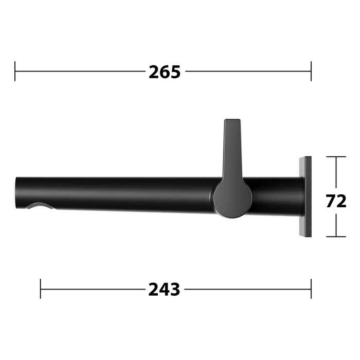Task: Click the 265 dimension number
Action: pyautogui.click(x=165, y=71)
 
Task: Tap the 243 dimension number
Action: pyautogui.click(x=165, y=290)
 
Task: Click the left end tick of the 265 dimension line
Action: pyautogui.click(x=15, y=71)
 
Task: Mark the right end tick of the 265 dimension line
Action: pyautogui.click(x=311, y=71)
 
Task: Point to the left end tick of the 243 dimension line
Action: pyautogui.click(x=41, y=289)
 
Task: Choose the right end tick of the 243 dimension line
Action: pyautogui.click(x=311, y=289)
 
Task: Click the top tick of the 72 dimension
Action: pyautogui.click(x=336, y=157)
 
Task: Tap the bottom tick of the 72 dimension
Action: pyautogui.click(x=336, y=237)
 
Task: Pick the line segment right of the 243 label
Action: pyautogui.click(x=247, y=289)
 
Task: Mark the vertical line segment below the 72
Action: pyautogui.click(x=336, y=224)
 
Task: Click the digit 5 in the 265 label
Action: pyautogui.click(x=175, y=71)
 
